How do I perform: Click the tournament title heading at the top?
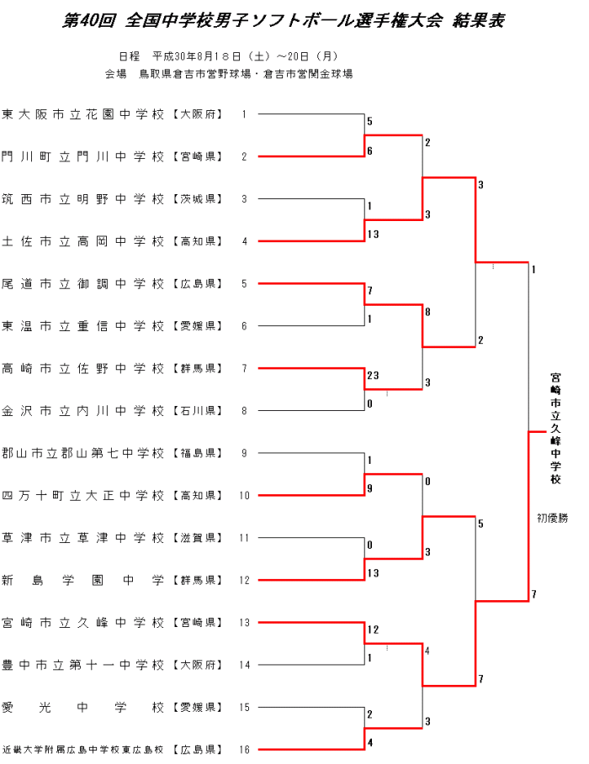[284, 21]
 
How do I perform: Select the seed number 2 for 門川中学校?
[244, 157]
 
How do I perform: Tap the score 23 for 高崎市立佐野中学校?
[373, 376]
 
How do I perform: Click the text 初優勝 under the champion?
[553, 518]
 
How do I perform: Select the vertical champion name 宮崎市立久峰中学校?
[555, 429]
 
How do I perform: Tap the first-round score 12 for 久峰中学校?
[373, 630]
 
